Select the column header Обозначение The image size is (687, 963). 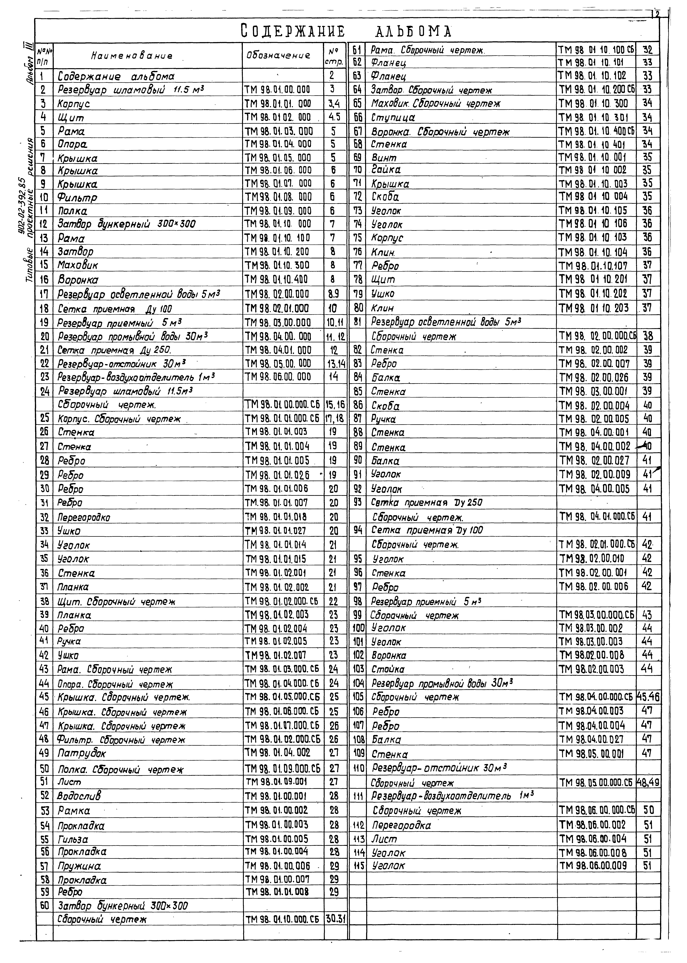(x=278, y=55)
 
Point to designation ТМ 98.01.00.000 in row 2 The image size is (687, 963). (x=277, y=90)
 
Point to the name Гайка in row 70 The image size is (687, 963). (x=386, y=170)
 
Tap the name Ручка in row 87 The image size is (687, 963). (x=383, y=419)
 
